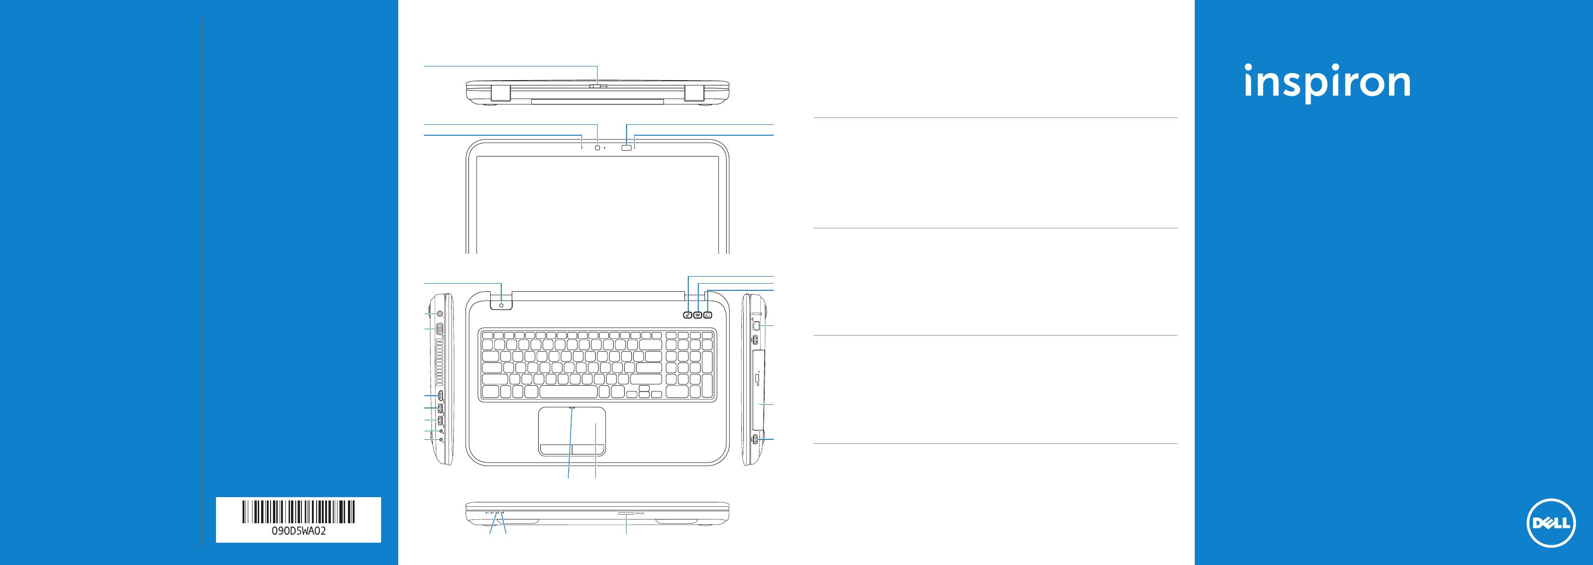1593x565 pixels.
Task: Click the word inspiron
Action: [x=1327, y=82]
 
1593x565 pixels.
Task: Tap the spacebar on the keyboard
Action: [x=568, y=392]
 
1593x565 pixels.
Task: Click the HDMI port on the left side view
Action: [x=440, y=395]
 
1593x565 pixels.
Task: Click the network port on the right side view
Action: [x=756, y=324]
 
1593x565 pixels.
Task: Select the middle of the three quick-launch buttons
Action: [x=698, y=315]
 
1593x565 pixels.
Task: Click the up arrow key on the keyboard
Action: [x=644, y=388]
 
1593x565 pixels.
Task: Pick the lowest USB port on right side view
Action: [x=756, y=438]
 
